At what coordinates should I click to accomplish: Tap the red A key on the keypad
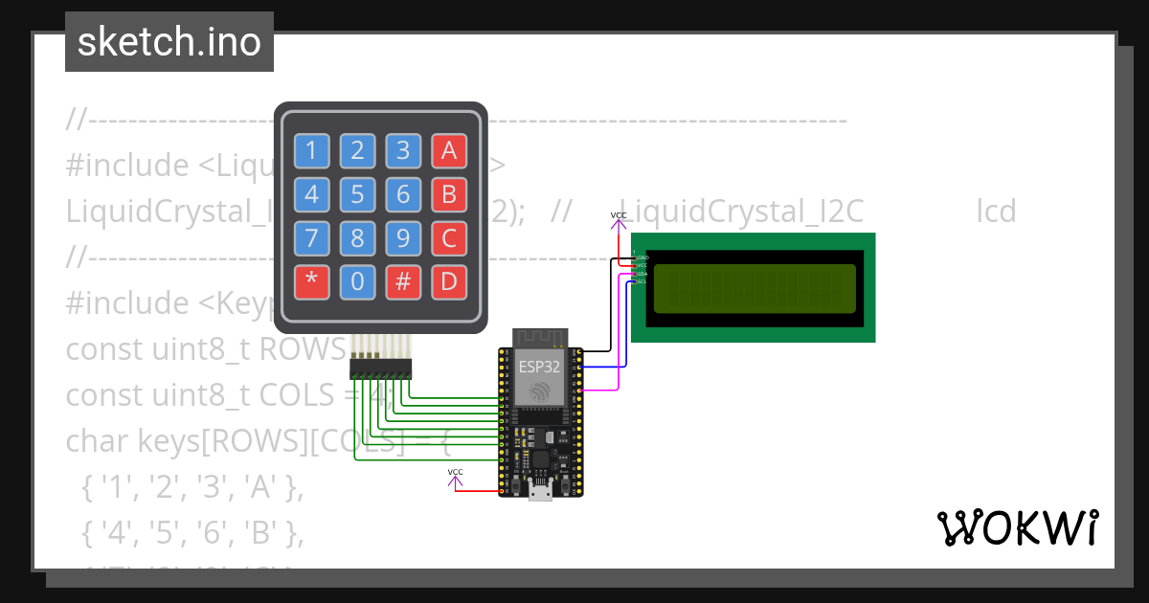coord(449,150)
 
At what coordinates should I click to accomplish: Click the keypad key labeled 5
coord(357,194)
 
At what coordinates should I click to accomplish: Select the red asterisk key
coord(310,282)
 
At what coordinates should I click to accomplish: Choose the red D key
coord(449,282)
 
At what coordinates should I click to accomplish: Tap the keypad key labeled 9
coord(403,238)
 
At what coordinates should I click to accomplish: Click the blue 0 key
coord(357,282)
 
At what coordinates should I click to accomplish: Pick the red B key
coord(449,194)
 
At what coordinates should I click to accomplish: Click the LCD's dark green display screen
coord(754,288)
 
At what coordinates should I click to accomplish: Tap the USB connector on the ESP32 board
coord(541,491)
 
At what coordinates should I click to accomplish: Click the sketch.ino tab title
coord(169,42)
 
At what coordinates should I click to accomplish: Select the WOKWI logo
coord(1017,527)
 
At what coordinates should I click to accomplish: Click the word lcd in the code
coord(996,211)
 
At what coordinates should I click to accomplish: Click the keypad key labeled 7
coord(310,238)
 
